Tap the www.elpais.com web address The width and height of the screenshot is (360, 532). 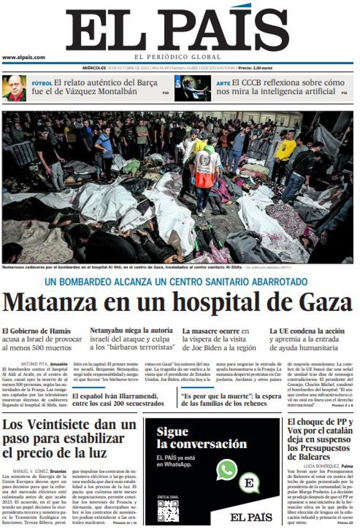pyautogui.click(x=24, y=57)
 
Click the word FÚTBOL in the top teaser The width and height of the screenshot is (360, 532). pyautogui.click(x=42, y=83)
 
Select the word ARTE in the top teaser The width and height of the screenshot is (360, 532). pyautogui.click(x=223, y=83)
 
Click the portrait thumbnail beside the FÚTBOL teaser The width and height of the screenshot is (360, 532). pyautogui.click(x=14, y=88)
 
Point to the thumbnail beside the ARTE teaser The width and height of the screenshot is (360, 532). pyautogui.click(x=192, y=88)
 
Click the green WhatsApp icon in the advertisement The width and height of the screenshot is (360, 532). pyautogui.click(x=227, y=470)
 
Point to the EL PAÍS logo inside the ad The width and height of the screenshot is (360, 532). pyautogui.click(x=251, y=517)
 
